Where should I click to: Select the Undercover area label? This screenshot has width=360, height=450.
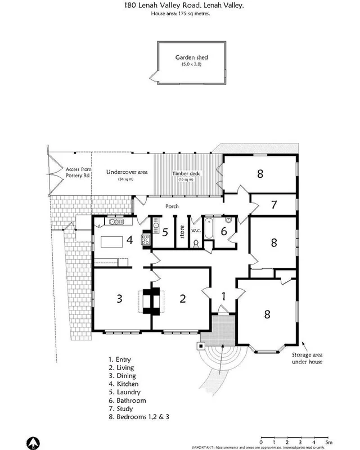point(127,172)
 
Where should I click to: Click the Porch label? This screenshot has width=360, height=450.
point(172,206)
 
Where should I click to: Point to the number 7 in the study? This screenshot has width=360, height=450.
point(274,204)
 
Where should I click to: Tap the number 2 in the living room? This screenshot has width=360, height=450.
point(182,299)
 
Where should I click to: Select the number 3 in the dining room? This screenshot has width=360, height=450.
point(119,299)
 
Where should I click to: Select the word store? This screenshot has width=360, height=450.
point(182,232)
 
